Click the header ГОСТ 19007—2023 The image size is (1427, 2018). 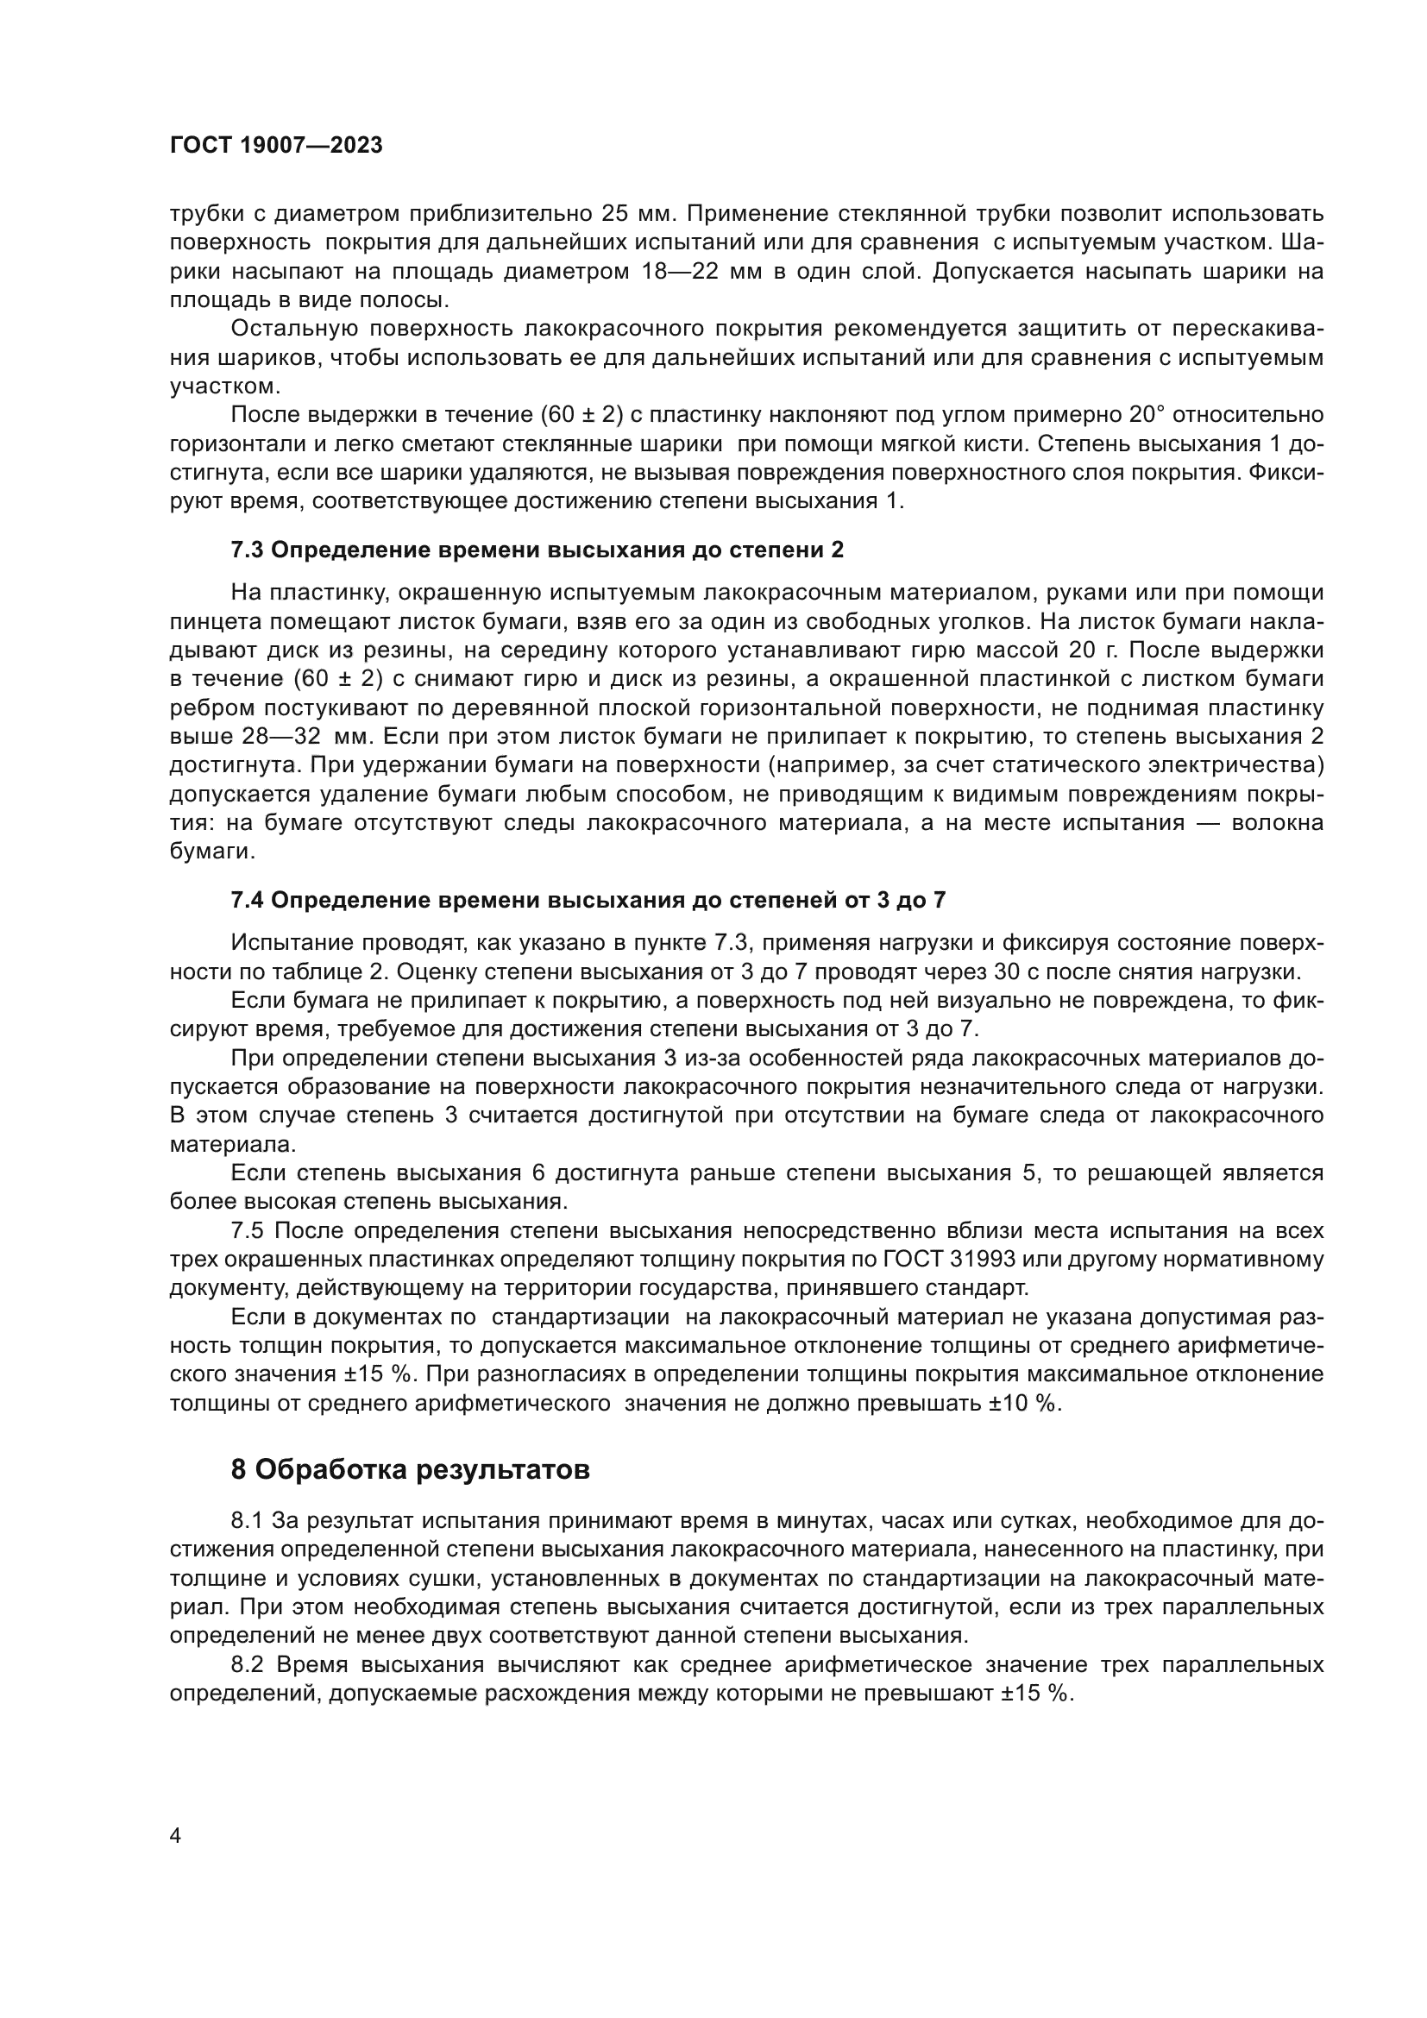click(x=276, y=146)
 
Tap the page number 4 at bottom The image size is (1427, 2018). click(x=175, y=1835)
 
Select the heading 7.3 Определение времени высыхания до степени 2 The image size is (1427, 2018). click(x=537, y=550)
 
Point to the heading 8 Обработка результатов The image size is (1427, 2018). click(x=410, y=1469)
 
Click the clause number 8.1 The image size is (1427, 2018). click(x=248, y=1519)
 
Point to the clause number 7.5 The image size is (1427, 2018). click(x=248, y=1230)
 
